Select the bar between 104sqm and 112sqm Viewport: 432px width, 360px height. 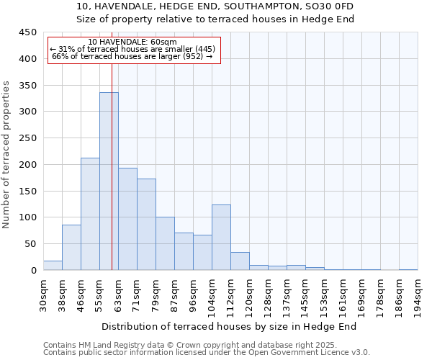[x=221, y=238]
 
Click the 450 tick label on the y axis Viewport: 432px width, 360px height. [x=28, y=32]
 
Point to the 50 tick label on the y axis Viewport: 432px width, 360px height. [x=31, y=244]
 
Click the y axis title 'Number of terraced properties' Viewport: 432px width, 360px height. [x=6, y=154]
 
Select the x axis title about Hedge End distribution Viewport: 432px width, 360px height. [x=229, y=326]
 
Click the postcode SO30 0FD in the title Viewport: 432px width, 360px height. [x=331, y=6]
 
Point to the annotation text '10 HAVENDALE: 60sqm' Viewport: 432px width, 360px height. [x=133, y=42]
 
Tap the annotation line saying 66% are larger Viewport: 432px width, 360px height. [x=132, y=56]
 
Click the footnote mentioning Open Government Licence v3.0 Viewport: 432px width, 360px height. [x=206, y=353]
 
